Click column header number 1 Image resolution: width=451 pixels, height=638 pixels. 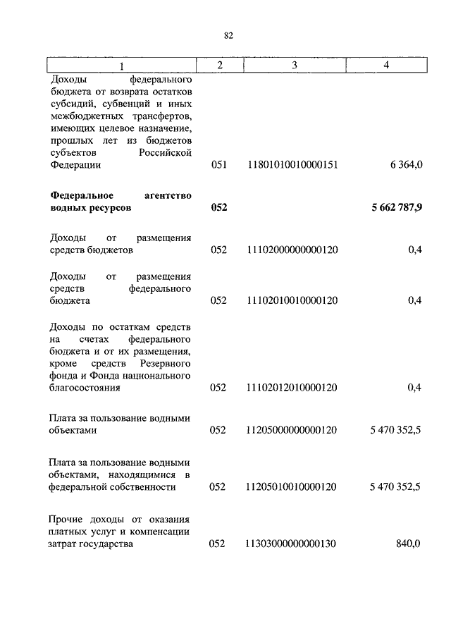tap(121, 66)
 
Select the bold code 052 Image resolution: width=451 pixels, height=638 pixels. tap(218, 209)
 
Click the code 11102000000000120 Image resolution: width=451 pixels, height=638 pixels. tap(292, 250)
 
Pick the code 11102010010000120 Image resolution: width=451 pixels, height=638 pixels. tap(292, 300)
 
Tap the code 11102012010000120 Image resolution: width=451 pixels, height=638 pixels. tap(292, 387)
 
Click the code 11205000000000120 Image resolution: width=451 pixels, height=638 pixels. tap(292, 430)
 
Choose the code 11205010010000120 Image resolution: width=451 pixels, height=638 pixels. tap(292, 487)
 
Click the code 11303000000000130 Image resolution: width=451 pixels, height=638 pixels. tap(292, 544)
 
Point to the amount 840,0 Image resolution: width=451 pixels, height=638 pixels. tap(409, 544)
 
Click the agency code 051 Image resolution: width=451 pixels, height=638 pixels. tap(218, 165)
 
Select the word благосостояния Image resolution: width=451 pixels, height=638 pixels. tap(85, 387)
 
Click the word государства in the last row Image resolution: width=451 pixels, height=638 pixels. tap(105, 544)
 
